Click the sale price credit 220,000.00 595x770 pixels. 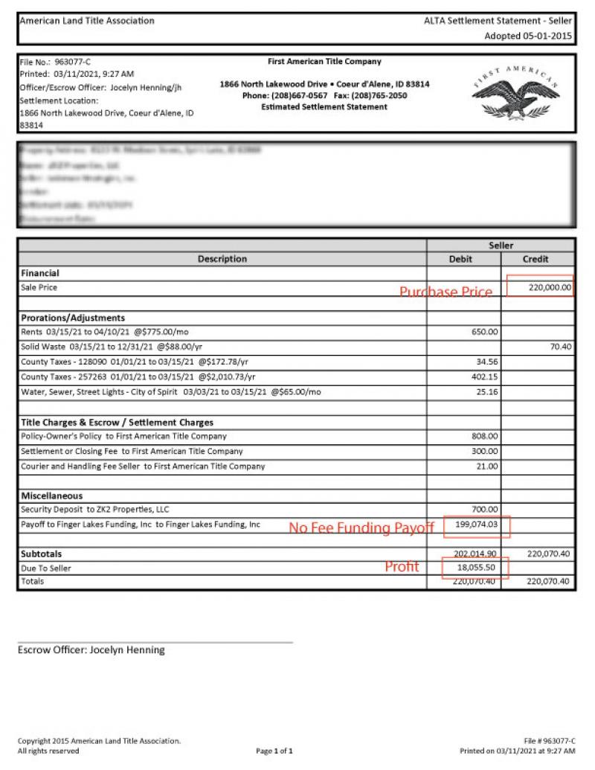(550, 287)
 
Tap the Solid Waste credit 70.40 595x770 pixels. (560, 347)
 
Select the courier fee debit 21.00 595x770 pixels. (487, 466)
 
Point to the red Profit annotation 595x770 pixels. (402, 567)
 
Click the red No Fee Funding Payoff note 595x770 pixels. (361, 528)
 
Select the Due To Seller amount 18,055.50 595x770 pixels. (477, 567)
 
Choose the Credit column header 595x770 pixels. (536, 259)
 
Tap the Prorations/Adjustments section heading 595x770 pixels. (73, 318)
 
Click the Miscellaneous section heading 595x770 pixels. (52, 495)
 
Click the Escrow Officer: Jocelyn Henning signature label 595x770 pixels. (91, 649)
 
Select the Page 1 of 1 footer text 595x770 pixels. (279, 751)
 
